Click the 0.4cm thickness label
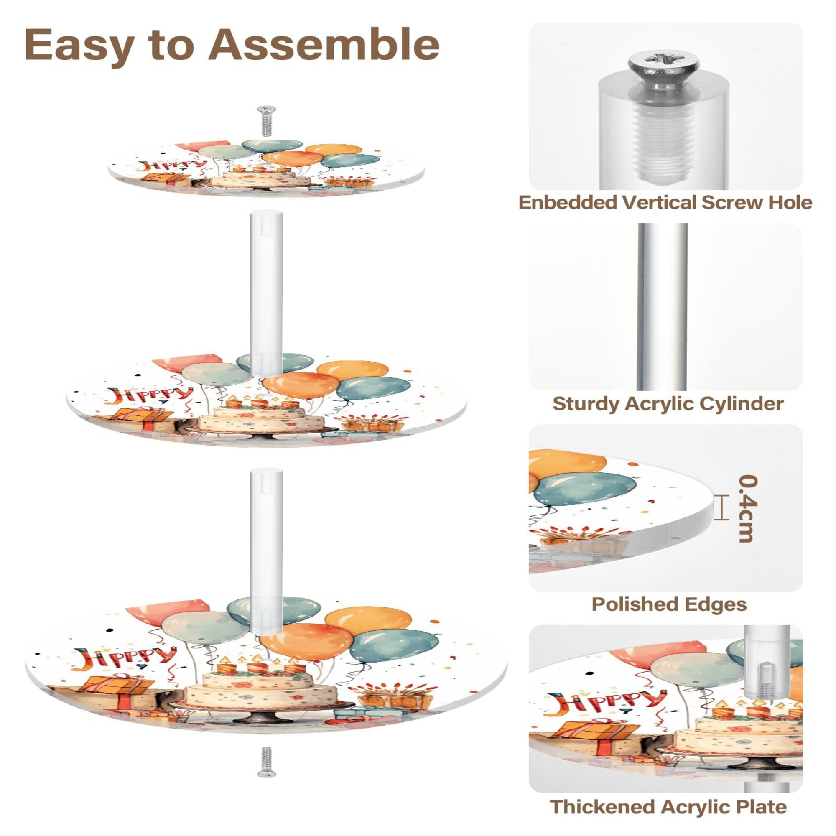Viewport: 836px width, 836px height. pos(748,508)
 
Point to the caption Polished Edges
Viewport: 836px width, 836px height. pos(669,604)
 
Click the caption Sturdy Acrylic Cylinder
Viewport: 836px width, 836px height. pos(668,403)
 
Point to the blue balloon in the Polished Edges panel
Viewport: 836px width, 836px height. pos(584,489)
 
